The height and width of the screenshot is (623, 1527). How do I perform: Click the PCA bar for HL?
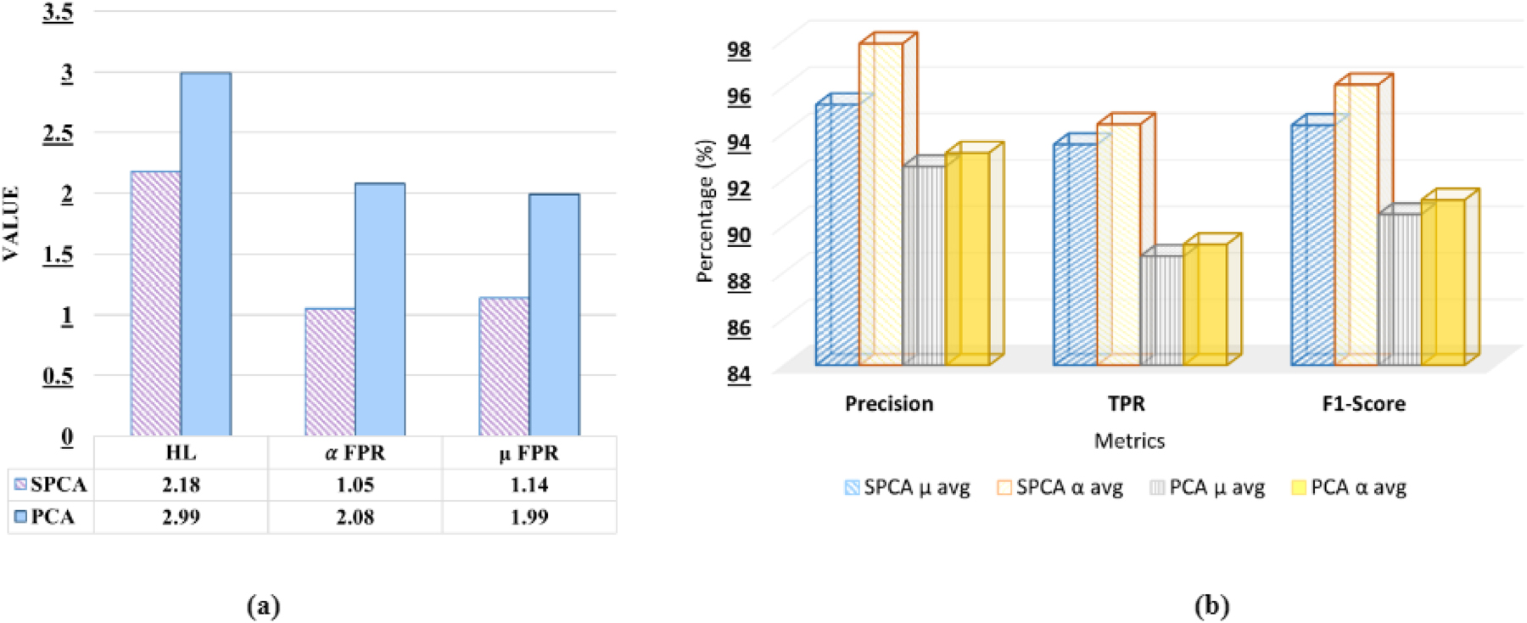click(205, 255)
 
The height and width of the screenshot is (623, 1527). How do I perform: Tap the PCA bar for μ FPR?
click(554, 314)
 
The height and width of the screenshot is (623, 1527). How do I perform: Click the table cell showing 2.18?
click(181, 485)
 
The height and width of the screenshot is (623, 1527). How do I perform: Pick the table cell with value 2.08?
click(355, 517)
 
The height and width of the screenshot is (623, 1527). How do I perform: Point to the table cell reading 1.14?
click(529, 485)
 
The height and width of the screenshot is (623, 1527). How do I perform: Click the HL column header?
click(181, 452)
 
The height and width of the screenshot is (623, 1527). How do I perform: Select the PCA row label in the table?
click(52, 517)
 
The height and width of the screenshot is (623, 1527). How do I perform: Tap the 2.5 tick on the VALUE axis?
click(58, 133)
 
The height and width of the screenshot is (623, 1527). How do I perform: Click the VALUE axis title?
click(11, 223)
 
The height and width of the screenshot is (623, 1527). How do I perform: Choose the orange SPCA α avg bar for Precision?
click(881, 204)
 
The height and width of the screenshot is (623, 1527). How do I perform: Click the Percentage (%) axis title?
click(705, 210)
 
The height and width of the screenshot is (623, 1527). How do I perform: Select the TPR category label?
click(1126, 403)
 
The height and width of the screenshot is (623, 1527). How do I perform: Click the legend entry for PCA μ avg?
click(1207, 488)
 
